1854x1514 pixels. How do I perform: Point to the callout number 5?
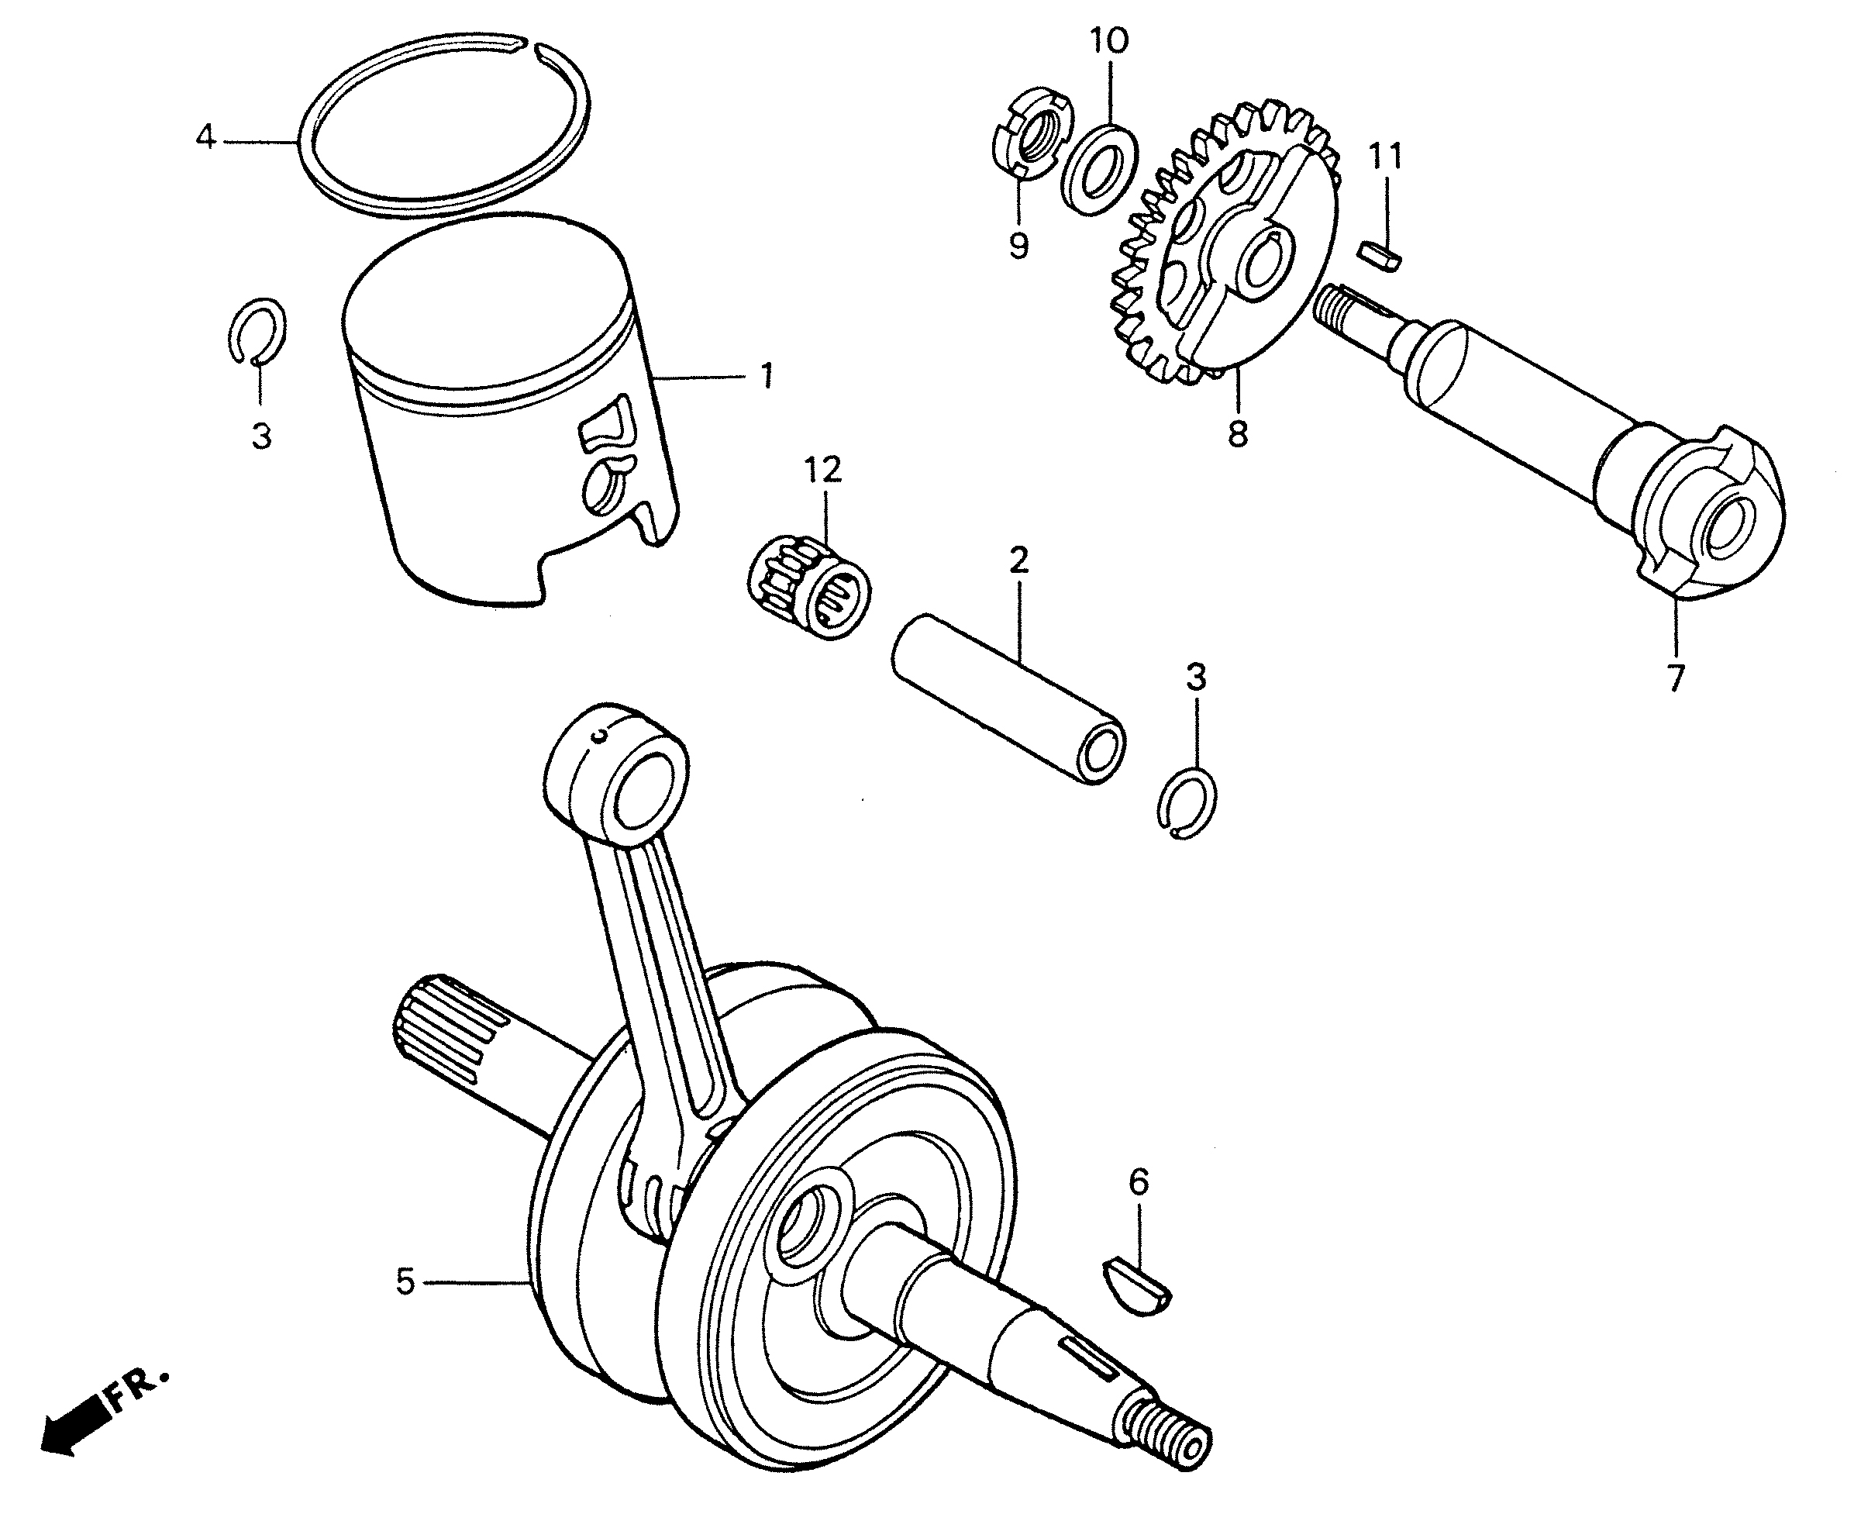point(405,1282)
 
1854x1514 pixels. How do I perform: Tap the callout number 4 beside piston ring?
point(205,137)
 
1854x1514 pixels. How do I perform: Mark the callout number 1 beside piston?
point(767,377)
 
